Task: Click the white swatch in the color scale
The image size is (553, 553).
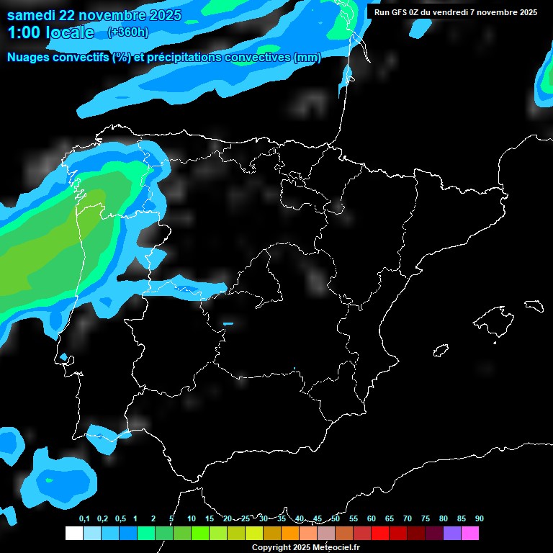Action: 73,533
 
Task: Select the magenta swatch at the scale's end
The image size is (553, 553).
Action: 470,533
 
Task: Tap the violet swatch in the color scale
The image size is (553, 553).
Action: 452,533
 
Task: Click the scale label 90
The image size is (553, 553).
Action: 479,519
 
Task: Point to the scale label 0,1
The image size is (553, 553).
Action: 84,519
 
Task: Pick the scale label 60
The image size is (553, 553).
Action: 371,519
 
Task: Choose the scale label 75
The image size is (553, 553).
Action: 425,519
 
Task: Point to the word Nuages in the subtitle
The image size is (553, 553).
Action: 28,58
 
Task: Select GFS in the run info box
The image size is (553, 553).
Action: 398,12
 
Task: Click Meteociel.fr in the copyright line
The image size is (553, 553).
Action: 336,548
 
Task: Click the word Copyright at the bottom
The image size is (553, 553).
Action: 271,548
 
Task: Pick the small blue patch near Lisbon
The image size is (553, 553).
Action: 64,356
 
